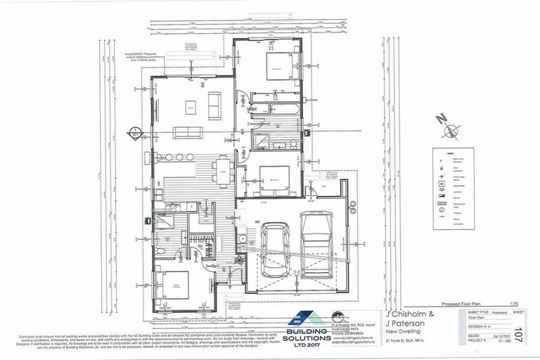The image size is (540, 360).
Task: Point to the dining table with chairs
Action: pos(222,169)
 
